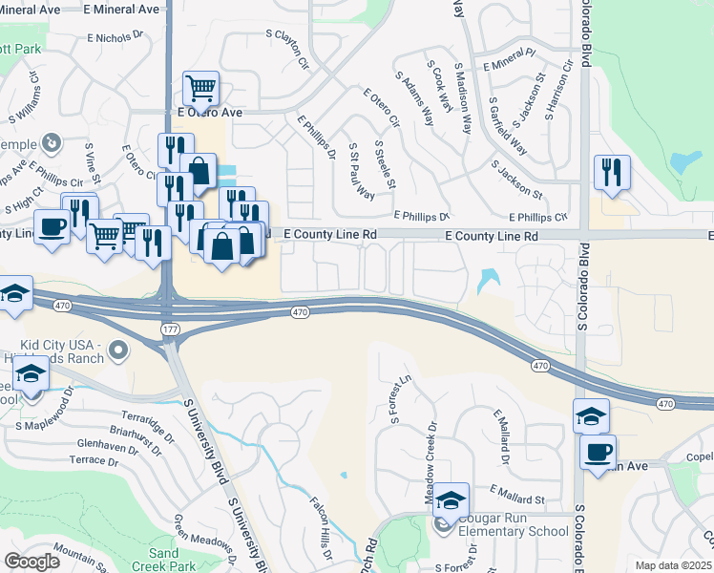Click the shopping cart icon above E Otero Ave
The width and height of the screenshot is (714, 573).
(200, 89)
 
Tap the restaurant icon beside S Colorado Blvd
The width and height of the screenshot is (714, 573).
(612, 173)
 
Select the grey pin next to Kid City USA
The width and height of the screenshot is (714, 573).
(118, 350)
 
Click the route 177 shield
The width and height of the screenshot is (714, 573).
(168, 328)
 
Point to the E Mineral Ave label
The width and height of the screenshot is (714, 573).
(121, 8)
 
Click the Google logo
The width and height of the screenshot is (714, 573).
(32, 562)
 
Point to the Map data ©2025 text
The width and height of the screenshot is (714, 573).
(674, 565)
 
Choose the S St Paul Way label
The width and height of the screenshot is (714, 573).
(361, 171)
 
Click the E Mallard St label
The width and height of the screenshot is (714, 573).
(516, 498)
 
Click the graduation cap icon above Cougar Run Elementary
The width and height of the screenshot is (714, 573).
(450, 499)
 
